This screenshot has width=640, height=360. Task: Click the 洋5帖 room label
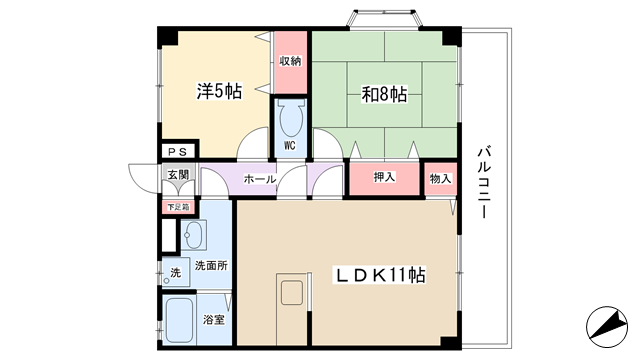[x=219, y=91]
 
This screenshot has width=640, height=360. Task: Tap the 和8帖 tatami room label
[x=384, y=94]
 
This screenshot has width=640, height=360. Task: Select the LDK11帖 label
[x=380, y=275]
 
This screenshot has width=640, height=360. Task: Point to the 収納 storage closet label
[x=290, y=61]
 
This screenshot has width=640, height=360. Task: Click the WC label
[x=289, y=145]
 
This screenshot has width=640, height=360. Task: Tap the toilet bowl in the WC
[x=290, y=119]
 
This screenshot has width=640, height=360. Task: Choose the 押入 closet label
[x=384, y=177]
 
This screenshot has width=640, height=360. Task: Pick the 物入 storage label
[x=440, y=178]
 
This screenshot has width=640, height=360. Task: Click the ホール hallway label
[x=260, y=179]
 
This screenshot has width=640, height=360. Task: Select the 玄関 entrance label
[x=178, y=174]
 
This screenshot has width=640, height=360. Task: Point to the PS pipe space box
[x=178, y=151]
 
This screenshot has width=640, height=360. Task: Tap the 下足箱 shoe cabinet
[x=178, y=207]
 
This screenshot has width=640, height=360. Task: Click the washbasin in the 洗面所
[x=193, y=235]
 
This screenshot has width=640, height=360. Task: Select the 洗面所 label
[x=211, y=266]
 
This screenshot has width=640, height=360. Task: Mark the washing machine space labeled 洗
[x=176, y=272]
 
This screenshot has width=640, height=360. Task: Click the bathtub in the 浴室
[x=179, y=320]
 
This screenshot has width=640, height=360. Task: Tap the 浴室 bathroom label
[x=214, y=319]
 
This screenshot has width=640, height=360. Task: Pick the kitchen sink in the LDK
[x=292, y=293]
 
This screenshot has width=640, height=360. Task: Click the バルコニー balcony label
[x=484, y=182]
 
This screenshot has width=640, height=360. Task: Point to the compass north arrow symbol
[x=607, y=327]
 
